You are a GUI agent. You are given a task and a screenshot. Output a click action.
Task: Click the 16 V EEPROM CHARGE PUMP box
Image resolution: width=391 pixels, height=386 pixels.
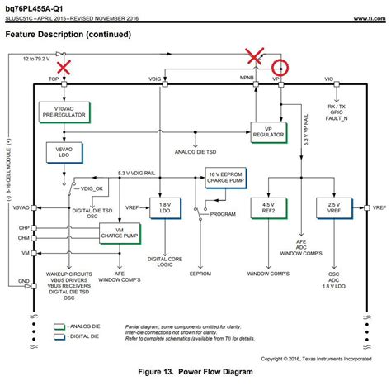click(x=226, y=177)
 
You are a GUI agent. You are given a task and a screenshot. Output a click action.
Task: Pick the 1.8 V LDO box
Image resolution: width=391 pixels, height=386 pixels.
click(x=165, y=207)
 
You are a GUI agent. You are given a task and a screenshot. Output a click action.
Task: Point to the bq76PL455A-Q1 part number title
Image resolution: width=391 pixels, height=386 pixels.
click(x=35, y=7)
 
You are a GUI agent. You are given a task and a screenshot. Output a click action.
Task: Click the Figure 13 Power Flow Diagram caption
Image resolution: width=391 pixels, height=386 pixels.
click(x=195, y=371)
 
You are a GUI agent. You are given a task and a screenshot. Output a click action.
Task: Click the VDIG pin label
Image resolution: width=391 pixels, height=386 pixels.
click(x=156, y=79)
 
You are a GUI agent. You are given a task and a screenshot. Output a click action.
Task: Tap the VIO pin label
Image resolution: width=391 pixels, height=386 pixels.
click(x=328, y=79)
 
